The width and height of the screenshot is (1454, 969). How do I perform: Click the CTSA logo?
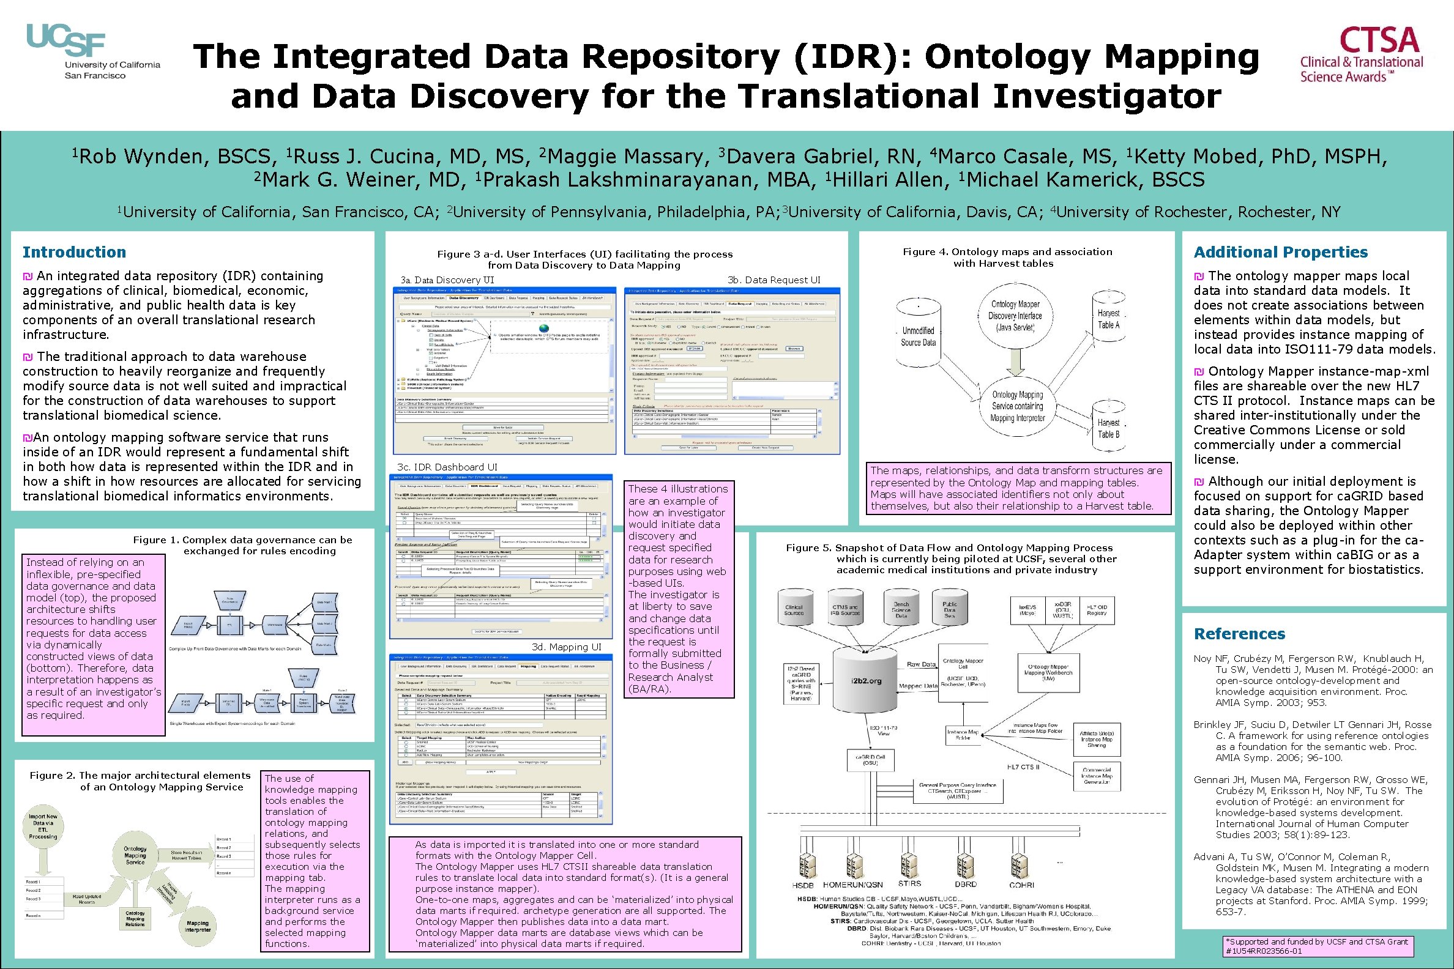pos(1361,54)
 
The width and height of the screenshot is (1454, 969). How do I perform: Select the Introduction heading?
pos(74,252)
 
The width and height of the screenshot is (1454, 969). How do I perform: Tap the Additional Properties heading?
pos(1280,252)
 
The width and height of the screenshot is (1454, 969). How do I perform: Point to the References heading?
pos(1239,634)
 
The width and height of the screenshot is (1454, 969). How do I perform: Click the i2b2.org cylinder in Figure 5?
pos(865,680)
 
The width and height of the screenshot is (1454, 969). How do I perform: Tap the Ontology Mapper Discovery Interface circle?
pos(1015,316)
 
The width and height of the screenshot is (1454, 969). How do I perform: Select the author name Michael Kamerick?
pos(1085,180)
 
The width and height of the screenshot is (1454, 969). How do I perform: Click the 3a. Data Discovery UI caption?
pos(447,280)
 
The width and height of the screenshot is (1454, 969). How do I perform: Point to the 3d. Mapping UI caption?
pos(566,647)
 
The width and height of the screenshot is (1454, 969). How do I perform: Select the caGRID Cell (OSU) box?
pos(870,760)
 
